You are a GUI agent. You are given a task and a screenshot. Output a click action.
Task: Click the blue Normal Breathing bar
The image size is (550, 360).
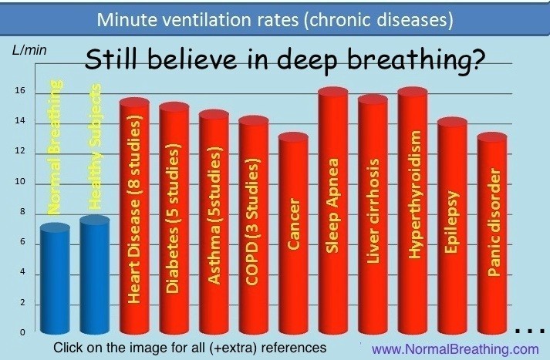[55, 279]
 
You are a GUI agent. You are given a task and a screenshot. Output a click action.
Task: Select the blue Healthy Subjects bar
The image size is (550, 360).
[95, 275]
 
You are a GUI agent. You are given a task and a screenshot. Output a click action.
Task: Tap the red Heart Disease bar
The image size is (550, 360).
[134, 216]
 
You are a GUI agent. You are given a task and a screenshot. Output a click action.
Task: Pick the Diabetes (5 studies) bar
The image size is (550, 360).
[174, 218]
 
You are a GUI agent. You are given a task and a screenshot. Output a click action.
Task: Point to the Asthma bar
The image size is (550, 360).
[214, 222]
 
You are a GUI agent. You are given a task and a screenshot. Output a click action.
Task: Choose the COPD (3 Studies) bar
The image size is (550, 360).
[254, 224]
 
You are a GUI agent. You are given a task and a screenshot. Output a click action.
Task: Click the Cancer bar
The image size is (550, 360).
[293, 233]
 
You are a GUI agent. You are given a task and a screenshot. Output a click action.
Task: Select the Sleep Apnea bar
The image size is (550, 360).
[333, 210]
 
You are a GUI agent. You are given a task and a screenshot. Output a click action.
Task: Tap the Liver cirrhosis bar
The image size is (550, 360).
[373, 214]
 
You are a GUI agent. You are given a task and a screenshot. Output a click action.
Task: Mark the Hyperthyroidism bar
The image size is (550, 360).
[413, 210]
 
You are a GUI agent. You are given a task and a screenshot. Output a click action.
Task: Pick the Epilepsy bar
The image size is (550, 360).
[453, 226]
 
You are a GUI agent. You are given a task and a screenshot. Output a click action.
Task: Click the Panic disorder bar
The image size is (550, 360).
[492, 234]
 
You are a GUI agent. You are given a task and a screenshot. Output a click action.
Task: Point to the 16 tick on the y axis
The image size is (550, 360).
[20, 91]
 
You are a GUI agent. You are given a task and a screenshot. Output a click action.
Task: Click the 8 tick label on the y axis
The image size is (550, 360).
[22, 212]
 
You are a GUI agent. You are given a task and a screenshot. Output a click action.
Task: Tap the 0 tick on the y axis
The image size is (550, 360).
[22, 332]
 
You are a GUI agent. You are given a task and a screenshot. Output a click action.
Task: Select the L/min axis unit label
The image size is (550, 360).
[29, 50]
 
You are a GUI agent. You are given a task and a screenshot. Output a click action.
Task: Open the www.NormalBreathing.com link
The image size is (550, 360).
[455, 349]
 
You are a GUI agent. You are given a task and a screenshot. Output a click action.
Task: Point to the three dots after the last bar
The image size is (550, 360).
[530, 330]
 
